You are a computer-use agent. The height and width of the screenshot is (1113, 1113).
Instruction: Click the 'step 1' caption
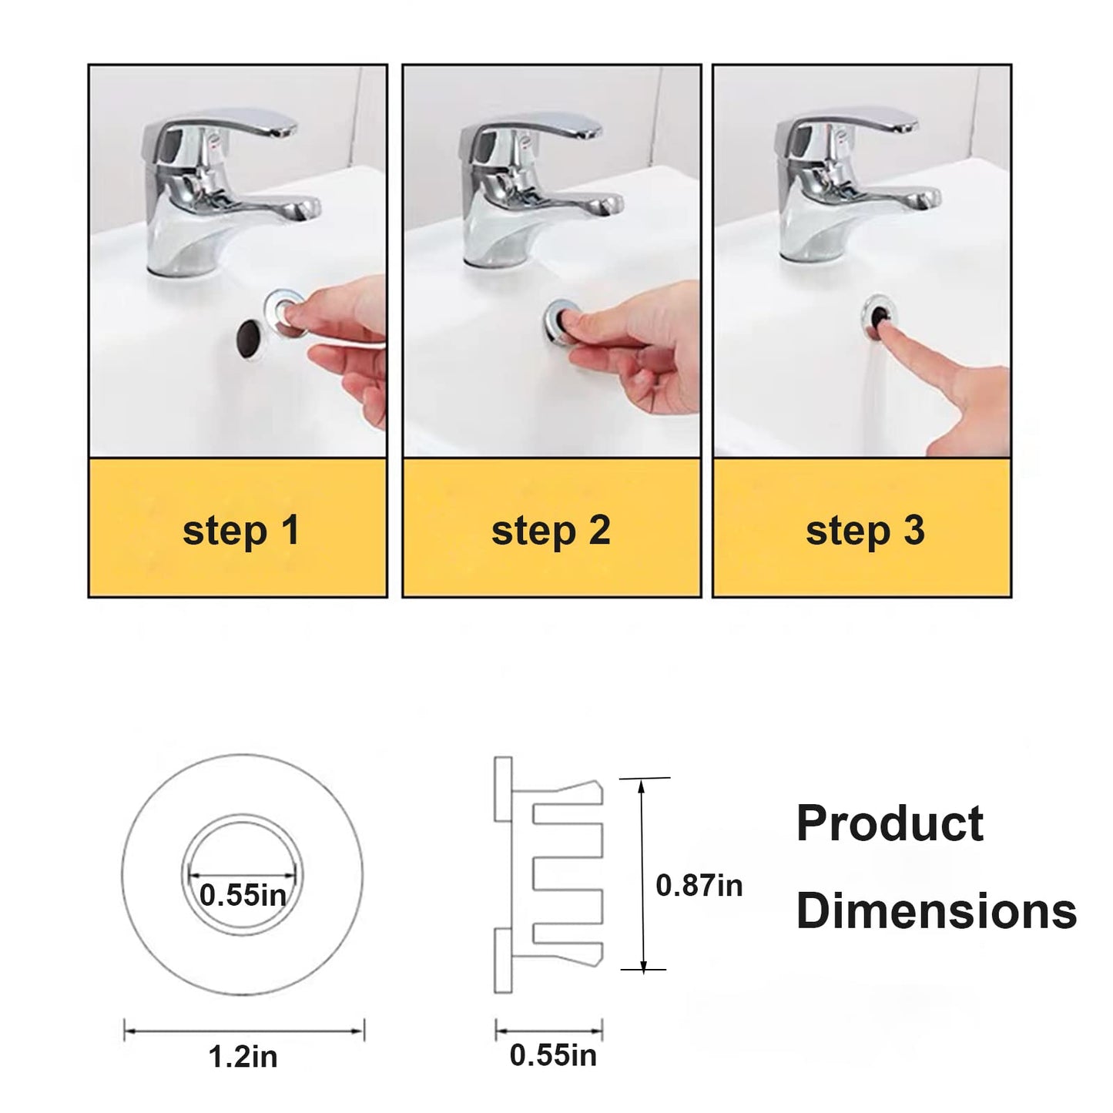[x=240, y=531]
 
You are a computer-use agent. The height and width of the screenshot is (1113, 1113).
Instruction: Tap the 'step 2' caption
[x=551, y=531]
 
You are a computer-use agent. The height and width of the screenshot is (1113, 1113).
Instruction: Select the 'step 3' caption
[x=865, y=531]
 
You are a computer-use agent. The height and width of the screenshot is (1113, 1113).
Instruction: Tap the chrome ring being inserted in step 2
[x=562, y=320]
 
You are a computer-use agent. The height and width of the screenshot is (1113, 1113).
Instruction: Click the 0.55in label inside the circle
[x=243, y=896]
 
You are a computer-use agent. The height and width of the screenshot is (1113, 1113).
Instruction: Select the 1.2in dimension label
[x=243, y=1057]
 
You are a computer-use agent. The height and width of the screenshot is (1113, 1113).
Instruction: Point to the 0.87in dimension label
[x=699, y=886]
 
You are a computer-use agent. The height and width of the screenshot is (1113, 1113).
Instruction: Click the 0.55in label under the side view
[x=553, y=1055]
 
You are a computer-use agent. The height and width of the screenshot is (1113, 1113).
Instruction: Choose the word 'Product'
[x=890, y=823]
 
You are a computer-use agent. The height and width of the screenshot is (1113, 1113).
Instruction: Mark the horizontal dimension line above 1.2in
[x=244, y=1029]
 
